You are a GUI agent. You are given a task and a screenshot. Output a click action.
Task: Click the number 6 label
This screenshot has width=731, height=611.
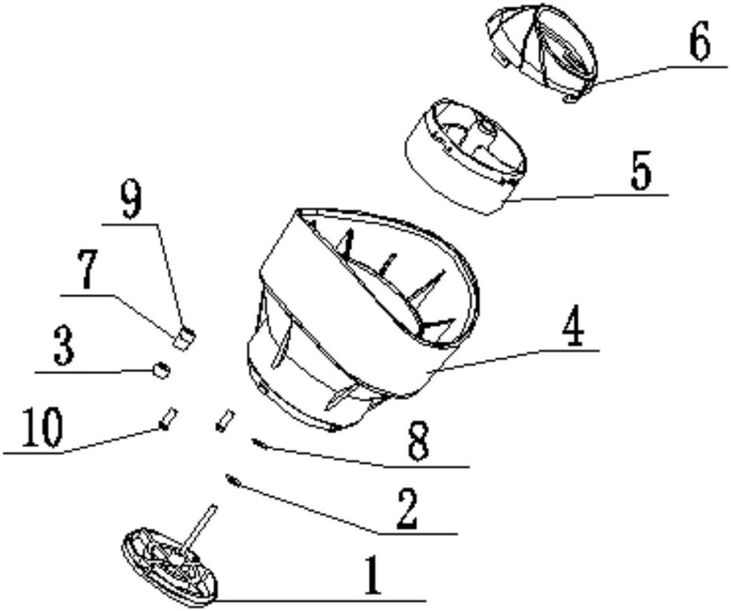tap(698, 42)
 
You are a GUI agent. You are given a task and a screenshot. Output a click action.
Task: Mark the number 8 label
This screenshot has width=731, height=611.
tap(418, 442)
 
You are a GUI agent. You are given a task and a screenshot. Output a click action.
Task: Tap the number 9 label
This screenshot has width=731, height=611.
tap(131, 200)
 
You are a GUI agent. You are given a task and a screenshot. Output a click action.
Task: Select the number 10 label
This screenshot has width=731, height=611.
tap(43, 428)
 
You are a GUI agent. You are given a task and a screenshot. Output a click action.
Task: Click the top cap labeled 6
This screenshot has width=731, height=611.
tap(542, 54)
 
